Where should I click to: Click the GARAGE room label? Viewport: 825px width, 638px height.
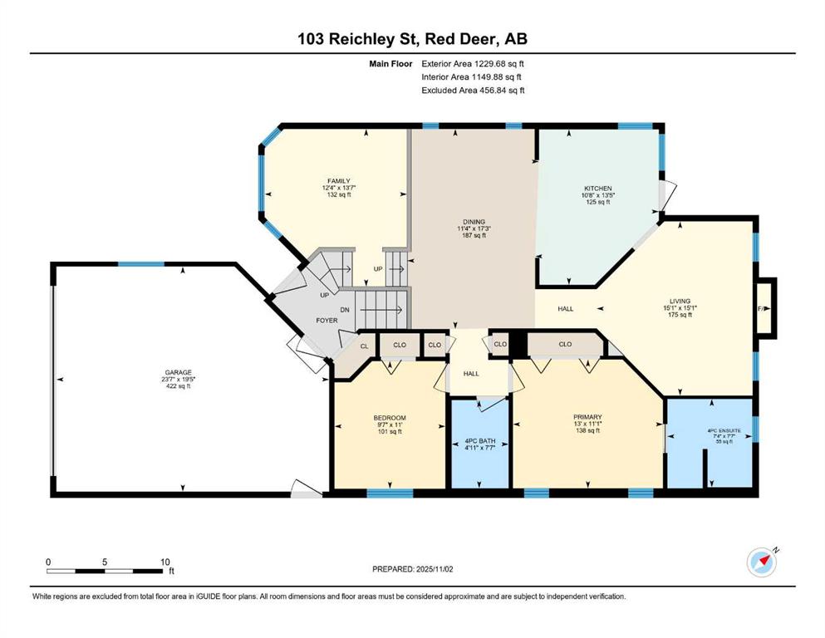[179, 372]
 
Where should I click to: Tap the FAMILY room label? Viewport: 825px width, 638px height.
[339, 181]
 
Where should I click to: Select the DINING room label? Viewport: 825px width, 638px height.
[474, 222]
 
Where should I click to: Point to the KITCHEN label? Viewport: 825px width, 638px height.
[598, 189]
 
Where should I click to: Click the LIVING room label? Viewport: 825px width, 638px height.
[680, 302]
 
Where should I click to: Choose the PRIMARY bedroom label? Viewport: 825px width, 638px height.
[587, 417]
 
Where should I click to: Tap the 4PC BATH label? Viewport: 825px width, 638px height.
[480, 441]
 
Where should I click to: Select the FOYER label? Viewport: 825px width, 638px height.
[327, 321]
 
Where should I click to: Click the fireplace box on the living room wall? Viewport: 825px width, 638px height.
[765, 308]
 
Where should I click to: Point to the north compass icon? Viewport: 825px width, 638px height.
[762, 562]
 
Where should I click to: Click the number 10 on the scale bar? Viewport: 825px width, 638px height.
[165, 562]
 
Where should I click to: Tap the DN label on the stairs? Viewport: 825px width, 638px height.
[345, 310]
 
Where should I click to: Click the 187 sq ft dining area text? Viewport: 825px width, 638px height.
[474, 236]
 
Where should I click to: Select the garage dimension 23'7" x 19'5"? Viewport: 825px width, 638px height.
[179, 379]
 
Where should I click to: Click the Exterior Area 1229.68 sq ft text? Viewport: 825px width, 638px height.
[473, 64]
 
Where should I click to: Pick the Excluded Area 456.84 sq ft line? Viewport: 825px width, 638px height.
[473, 90]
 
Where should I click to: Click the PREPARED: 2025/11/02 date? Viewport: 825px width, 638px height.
[412, 569]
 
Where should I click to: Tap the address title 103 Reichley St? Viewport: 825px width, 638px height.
[358, 39]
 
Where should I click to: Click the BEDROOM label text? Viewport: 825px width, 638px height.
[390, 418]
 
